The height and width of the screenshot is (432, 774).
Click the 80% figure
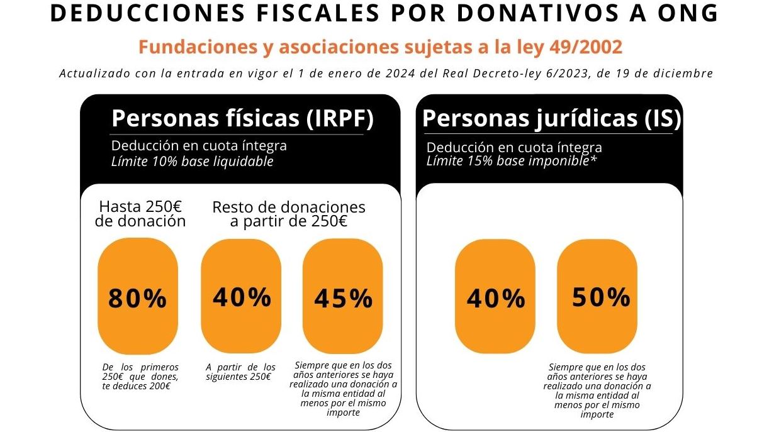point(137,299)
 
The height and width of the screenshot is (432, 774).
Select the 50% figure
point(600,297)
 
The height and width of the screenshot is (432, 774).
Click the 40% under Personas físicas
point(242,297)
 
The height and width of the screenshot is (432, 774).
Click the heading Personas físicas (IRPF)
point(242,119)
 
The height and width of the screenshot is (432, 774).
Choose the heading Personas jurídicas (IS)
point(552,119)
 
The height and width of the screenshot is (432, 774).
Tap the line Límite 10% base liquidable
point(192,161)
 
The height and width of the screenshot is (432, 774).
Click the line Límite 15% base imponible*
point(511,160)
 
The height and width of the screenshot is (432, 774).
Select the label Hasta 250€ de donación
point(140,214)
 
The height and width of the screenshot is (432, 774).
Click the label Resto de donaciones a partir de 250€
point(289,214)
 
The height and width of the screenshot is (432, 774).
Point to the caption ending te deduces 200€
point(140,376)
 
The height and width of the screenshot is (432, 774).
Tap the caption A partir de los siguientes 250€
point(241,372)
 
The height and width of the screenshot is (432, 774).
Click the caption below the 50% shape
point(597,390)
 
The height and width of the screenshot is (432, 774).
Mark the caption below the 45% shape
point(343,389)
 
